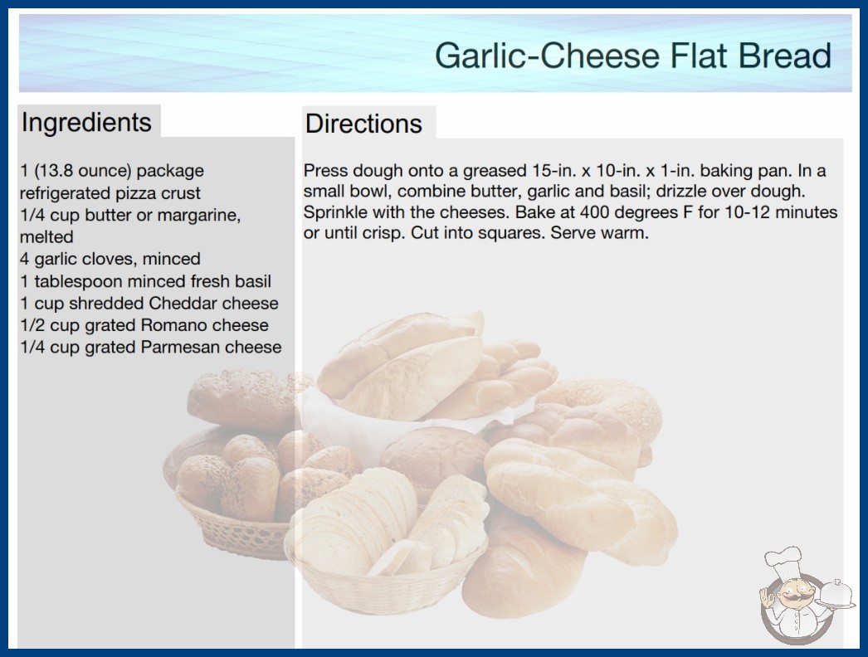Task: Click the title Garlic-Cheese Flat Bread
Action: (x=632, y=56)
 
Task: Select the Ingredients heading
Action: (x=86, y=122)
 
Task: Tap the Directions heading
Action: (x=363, y=124)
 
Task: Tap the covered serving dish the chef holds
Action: (x=836, y=593)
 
